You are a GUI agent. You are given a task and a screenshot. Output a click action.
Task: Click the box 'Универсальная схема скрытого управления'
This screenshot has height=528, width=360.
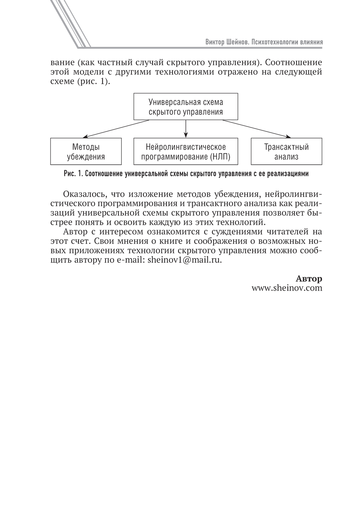186,106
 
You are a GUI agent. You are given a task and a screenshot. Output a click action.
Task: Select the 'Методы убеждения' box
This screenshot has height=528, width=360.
86,151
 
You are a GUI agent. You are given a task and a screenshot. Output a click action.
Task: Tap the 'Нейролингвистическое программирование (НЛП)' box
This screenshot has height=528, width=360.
186,151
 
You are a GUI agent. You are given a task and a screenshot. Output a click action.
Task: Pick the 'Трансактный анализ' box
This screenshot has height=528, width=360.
286,151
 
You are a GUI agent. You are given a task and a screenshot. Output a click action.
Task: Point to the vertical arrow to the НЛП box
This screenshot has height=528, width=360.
186,128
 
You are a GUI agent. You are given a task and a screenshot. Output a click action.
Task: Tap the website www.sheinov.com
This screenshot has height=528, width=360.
287,288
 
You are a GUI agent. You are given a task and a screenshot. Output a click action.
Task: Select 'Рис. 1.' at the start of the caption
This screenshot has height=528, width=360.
73,174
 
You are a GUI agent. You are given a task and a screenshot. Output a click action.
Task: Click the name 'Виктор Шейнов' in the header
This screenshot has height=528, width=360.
224,42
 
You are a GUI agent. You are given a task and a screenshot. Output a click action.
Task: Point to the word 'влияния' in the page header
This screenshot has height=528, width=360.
311,42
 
